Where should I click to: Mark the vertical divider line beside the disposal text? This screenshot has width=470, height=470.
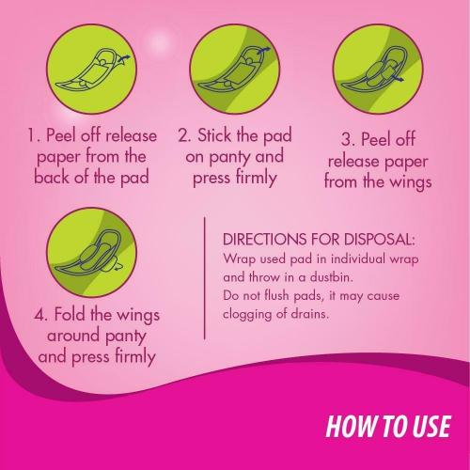pos(204,282)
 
